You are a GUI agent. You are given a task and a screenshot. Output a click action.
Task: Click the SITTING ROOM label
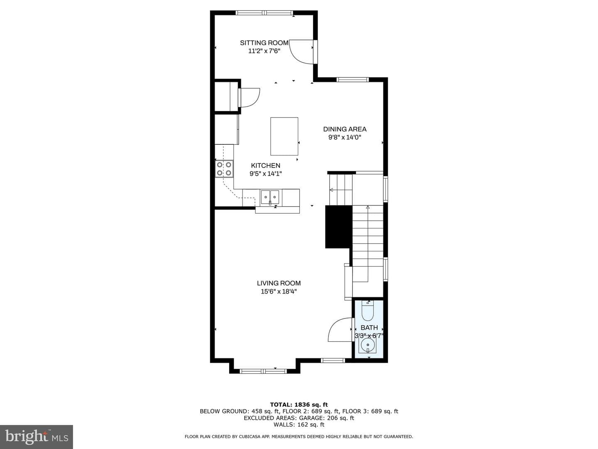click(264, 43)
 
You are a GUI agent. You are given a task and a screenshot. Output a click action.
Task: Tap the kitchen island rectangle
click(284, 136)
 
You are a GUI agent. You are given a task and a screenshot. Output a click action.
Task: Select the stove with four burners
click(224, 169)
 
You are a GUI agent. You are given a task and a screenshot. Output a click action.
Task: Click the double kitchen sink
click(270, 197)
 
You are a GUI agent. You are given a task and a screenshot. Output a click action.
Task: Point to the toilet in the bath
click(368, 311)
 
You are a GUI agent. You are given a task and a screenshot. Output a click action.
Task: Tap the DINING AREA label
click(345, 129)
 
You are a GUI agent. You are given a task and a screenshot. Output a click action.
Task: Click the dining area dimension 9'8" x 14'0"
click(345, 137)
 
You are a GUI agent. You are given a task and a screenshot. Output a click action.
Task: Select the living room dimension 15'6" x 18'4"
click(279, 291)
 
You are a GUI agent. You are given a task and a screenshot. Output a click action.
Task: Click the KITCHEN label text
click(266, 165)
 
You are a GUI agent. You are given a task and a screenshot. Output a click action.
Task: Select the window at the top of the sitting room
click(264, 12)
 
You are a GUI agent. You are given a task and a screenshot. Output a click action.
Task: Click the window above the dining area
click(353, 79)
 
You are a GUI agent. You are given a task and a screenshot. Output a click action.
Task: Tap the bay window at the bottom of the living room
click(263, 371)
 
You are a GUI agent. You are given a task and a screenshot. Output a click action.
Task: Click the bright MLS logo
click(37, 437)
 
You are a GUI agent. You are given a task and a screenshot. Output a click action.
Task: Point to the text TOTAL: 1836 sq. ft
click(299, 405)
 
